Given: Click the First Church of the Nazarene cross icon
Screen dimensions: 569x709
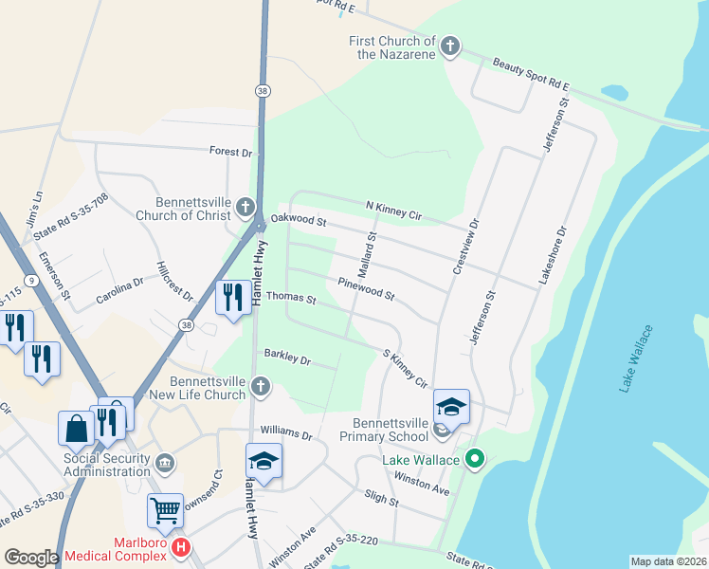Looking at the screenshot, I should point(450,46).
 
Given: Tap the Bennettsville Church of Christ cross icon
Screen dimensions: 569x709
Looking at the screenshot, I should point(245,207).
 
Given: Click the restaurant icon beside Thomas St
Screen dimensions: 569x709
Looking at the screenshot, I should point(232,298).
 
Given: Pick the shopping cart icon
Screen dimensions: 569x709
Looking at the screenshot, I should point(165,510).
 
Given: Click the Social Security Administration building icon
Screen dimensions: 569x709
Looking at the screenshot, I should point(165,462).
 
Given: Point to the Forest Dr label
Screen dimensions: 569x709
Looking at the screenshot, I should point(231,152).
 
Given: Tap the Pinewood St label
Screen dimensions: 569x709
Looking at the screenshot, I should point(366,288).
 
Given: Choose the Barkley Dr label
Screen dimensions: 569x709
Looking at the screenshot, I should point(287,359).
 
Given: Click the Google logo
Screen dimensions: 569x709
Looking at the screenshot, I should point(31,558).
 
